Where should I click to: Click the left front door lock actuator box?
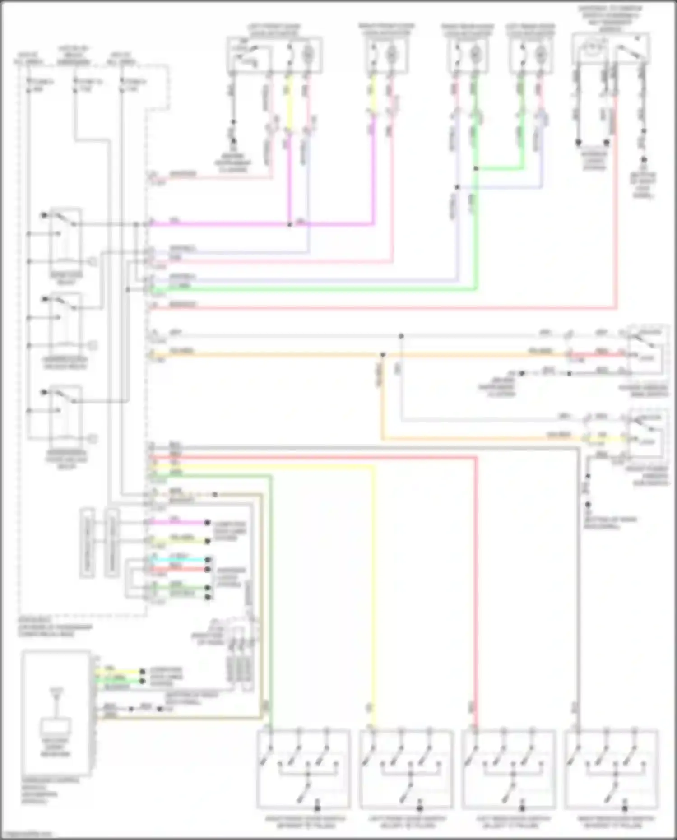274,56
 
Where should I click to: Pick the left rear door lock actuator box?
533,56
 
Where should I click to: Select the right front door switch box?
303,769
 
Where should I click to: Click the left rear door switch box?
509,769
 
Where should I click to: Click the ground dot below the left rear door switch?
523,808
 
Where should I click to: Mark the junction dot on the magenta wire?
290,224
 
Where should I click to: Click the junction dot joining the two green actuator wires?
476,169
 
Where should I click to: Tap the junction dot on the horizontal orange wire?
382,355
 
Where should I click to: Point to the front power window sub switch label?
647,475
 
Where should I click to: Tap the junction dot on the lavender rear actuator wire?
457,187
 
